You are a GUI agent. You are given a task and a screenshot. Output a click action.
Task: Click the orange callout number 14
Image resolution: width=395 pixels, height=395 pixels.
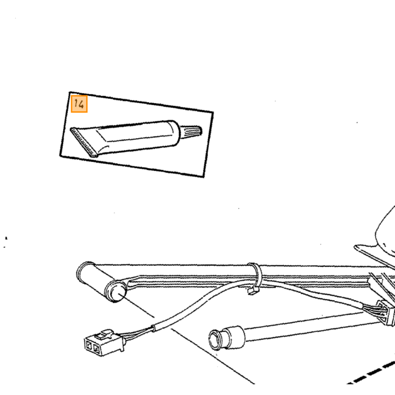click(x=79, y=104)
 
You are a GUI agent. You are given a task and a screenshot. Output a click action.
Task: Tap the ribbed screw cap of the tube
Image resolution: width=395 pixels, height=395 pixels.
click(x=191, y=131)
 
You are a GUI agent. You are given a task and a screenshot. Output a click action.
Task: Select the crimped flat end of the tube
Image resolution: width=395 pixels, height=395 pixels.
click(x=83, y=142)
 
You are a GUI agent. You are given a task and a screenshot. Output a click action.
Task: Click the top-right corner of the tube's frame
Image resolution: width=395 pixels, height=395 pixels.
click(x=213, y=112)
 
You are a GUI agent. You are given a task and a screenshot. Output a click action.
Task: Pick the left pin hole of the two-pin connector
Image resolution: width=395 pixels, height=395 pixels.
click(x=89, y=345)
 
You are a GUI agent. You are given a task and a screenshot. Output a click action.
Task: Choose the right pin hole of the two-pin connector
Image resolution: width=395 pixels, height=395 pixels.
click(x=96, y=349)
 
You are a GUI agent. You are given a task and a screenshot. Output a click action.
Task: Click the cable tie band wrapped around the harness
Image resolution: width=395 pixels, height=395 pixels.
click(x=254, y=275)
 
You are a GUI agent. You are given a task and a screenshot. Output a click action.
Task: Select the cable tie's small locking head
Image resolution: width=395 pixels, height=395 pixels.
click(x=253, y=291)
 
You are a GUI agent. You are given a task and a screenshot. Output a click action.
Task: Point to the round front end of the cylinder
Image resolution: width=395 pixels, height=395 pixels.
click(x=116, y=292)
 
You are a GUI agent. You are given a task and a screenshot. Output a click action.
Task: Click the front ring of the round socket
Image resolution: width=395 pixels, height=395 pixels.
click(x=216, y=339)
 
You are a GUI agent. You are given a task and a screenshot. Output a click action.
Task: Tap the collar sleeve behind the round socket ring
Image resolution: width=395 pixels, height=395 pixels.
click(x=234, y=337)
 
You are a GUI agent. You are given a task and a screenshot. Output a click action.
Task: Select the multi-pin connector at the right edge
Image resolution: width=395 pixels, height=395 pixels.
click(x=385, y=312)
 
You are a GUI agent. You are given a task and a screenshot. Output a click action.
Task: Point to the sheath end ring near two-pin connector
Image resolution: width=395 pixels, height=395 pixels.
click(x=153, y=328)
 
